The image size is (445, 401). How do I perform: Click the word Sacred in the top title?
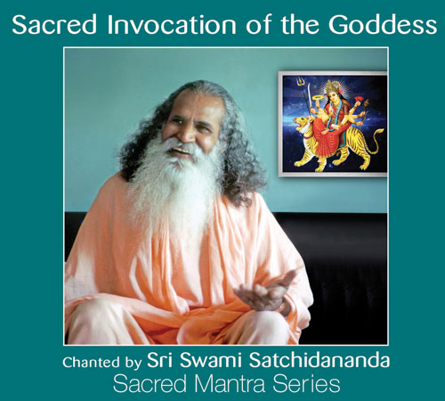point(54,24)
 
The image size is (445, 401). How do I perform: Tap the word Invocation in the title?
point(172,24)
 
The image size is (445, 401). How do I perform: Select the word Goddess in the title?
point(383,24)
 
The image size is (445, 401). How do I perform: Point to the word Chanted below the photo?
point(91,363)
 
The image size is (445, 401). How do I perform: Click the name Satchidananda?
point(320,360)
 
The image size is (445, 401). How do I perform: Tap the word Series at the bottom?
point(306,384)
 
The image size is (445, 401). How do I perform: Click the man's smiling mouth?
point(181,151)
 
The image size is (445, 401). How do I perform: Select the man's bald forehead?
point(194,102)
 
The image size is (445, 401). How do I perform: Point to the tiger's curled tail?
point(375,142)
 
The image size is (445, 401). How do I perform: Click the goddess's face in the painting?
point(333,95)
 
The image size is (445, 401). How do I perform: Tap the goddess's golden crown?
point(332,86)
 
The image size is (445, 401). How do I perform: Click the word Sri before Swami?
point(160,360)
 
